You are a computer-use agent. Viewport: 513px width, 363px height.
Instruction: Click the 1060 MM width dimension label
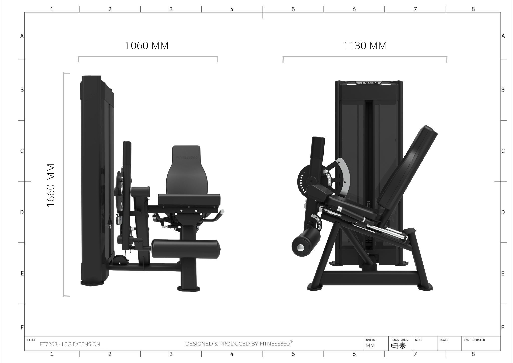(147, 46)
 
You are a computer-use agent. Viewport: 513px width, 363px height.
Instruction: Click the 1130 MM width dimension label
(365, 46)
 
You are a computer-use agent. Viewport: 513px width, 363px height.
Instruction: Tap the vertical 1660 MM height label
(51, 186)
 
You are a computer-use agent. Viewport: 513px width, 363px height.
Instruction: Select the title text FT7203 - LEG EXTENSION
(70, 344)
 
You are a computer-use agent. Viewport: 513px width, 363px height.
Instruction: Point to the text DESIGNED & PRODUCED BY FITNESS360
(239, 343)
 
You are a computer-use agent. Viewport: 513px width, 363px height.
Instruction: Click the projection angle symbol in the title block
(398, 346)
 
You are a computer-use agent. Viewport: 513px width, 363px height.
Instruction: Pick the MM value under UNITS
(370, 346)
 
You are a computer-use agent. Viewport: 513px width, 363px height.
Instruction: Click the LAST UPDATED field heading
(474, 340)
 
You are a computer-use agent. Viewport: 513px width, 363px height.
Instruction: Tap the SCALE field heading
(444, 340)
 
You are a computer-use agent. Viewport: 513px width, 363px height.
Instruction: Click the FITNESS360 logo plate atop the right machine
(369, 83)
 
